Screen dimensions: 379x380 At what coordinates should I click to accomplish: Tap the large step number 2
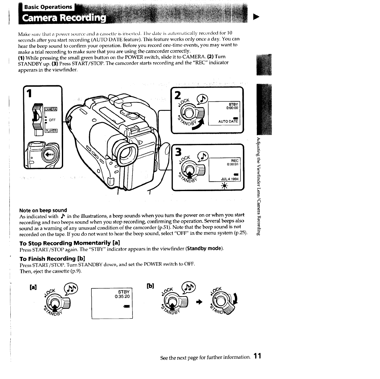click(178, 95)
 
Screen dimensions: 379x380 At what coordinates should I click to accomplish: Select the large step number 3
click(178, 152)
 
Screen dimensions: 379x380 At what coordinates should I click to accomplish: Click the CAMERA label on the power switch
click(51, 109)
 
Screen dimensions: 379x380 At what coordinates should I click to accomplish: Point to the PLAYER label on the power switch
click(51, 131)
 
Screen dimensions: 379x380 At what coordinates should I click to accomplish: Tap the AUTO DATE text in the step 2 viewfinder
click(228, 122)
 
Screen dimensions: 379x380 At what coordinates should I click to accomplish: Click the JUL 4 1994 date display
click(230, 179)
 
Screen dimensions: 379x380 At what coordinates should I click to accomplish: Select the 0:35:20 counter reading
click(122, 297)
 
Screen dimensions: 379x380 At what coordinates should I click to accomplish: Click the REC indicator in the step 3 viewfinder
click(235, 161)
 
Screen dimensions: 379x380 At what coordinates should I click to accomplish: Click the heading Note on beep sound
click(43, 210)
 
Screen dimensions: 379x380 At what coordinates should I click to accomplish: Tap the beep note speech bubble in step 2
click(202, 100)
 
